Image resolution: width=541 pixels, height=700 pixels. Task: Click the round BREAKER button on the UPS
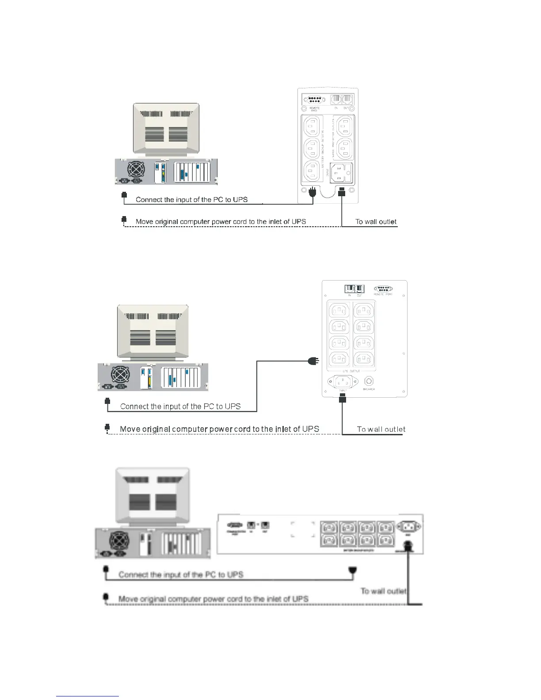click(x=369, y=381)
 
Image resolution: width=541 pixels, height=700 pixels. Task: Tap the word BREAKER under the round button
click(x=369, y=389)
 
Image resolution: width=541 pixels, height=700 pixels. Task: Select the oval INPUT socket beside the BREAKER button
click(x=343, y=382)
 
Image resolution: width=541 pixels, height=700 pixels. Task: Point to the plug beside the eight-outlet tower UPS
click(x=313, y=361)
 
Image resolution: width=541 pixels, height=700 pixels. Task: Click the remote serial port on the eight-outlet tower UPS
click(x=383, y=289)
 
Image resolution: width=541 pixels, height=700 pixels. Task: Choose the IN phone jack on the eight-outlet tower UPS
click(x=350, y=289)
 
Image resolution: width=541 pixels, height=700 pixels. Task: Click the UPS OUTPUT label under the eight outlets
click(x=351, y=371)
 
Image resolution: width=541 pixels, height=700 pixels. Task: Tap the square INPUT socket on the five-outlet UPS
click(x=342, y=173)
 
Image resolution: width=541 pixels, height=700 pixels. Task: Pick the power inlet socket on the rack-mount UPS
click(x=408, y=527)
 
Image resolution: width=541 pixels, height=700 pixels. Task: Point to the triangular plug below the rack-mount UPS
click(x=352, y=571)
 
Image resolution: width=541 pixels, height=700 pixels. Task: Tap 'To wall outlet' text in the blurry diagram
click(x=383, y=591)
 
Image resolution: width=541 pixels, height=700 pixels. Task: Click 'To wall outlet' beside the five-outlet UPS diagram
click(x=376, y=222)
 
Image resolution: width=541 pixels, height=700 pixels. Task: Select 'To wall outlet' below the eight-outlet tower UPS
click(x=381, y=429)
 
